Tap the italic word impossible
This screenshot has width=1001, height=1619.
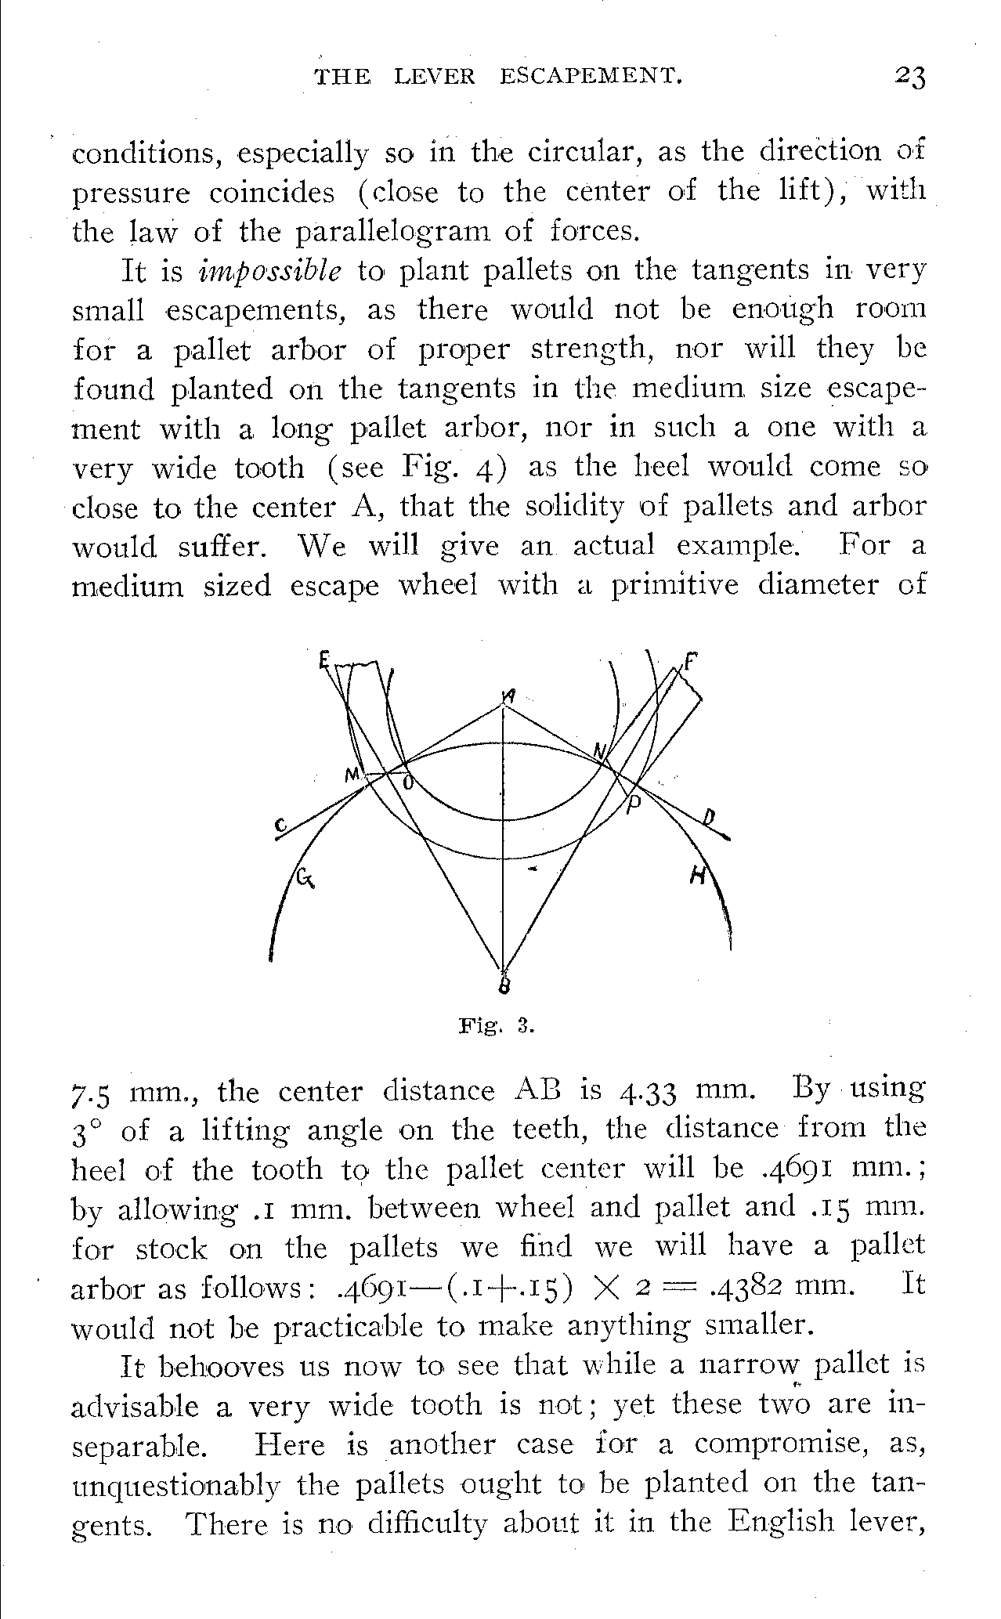[x=271, y=271]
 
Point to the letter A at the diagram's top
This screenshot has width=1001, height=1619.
[x=510, y=695]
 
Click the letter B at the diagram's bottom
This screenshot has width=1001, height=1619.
[x=505, y=984]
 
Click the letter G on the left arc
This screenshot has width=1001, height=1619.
[x=304, y=876]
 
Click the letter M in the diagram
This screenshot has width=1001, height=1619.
[x=352, y=775]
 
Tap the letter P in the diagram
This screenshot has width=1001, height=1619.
[x=634, y=807]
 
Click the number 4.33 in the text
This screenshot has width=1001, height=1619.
[x=640, y=1091]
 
